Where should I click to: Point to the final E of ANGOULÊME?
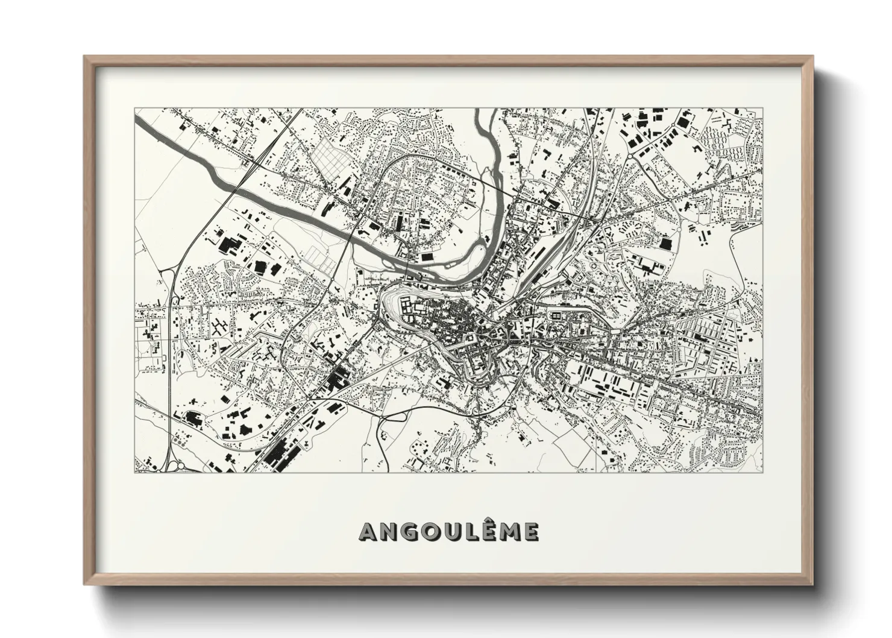click(532, 532)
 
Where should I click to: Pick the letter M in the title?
click(511, 532)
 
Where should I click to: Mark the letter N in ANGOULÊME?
click(389, 532)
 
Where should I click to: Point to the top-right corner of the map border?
click(762, 109)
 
